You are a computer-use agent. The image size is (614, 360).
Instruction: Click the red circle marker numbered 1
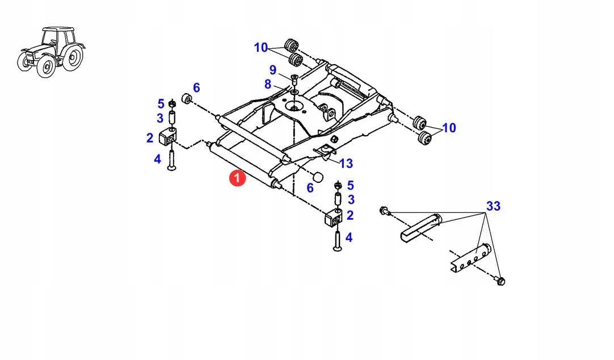[237, 178]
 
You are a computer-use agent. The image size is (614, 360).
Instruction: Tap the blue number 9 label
[273, 70]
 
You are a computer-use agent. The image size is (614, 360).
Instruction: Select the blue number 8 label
[268, 84]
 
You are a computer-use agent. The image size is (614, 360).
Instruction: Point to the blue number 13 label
[346, 164]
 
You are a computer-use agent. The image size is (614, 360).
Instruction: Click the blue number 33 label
[493, 206]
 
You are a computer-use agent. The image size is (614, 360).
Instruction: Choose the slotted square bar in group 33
[421, 227]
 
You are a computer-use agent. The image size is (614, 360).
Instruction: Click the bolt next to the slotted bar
[384, 211]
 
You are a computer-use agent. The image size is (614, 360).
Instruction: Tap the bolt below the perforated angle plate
[500, 281]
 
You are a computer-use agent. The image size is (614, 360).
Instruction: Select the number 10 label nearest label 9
[260, 48]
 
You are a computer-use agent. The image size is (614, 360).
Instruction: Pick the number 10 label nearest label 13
[448, 128]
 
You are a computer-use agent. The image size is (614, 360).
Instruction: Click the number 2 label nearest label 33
[350, 215]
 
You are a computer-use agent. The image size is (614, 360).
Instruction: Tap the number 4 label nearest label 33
[348, 237]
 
